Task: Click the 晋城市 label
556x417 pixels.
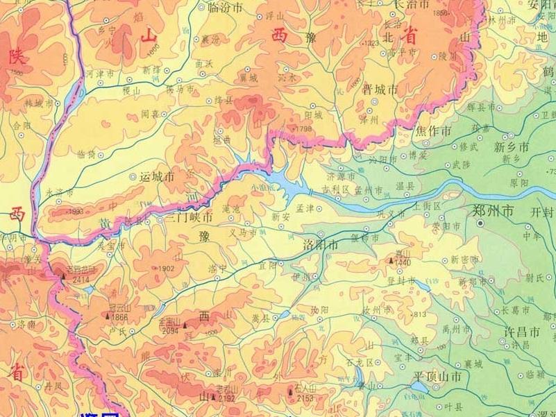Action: pos(380,90)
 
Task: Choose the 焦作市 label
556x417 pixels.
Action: pos(435,130)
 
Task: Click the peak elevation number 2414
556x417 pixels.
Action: pos(81,279)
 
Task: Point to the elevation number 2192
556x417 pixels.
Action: pos(227,398)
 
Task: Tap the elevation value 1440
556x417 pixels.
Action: pos(403,263)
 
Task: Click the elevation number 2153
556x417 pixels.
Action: pos(305,398)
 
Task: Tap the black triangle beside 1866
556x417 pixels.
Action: pos(107,316)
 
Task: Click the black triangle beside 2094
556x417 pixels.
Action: pos(185,324)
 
